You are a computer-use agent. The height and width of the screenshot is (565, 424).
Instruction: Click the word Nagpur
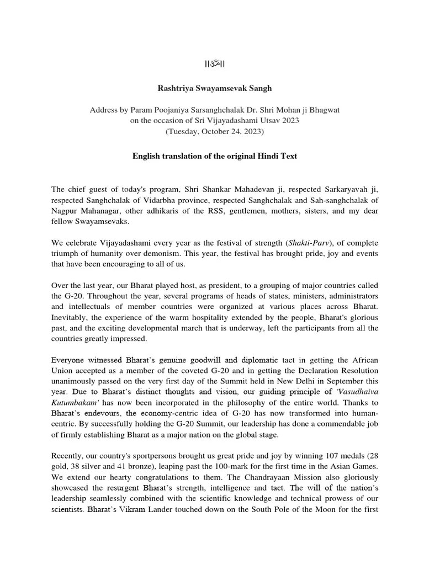tap(64, 210)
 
